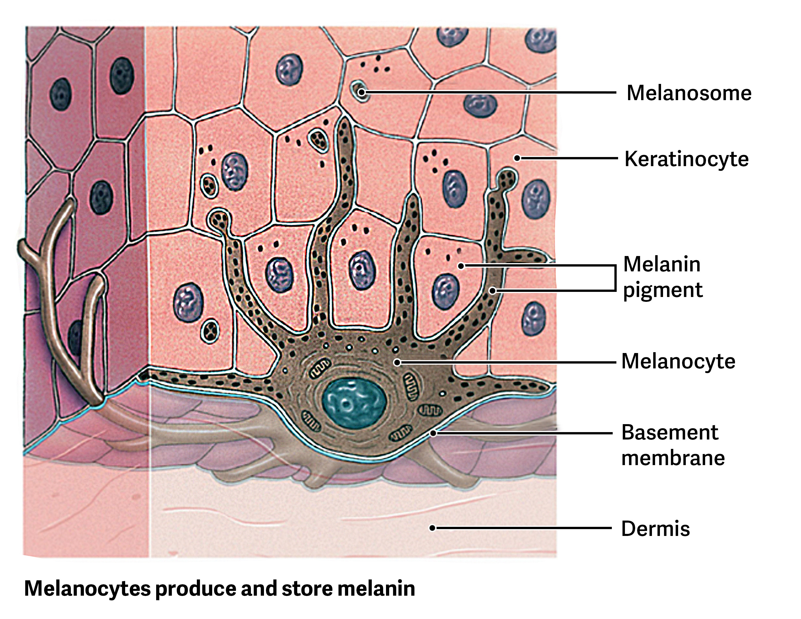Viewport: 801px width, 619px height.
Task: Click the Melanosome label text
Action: coord(689,93)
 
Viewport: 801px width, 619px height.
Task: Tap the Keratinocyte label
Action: coord(686,159)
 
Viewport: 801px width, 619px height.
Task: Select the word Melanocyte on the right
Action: coord(678,361)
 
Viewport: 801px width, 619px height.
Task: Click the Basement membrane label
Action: coord(673,445)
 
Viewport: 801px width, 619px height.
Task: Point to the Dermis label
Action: coord(655,529)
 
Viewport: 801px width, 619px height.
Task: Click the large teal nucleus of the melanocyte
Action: coord(354,403)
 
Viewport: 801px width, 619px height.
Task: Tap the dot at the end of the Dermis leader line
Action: coord(432,528)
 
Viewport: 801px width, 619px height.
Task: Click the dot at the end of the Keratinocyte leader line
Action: coord(517,158)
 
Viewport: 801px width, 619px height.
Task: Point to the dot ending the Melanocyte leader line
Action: coord(397,363)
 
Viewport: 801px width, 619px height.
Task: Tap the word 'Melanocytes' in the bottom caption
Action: coord(87,589)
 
